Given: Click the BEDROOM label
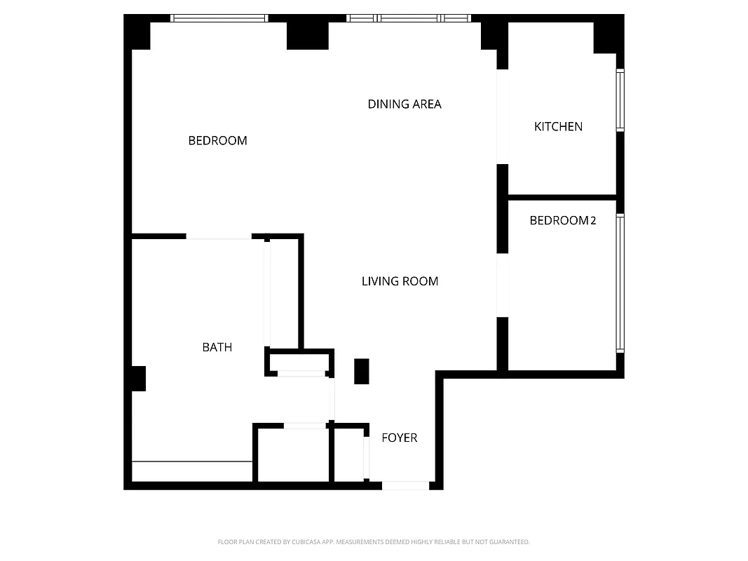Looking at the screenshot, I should pos(217,141).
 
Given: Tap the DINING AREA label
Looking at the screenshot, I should pos(404,104).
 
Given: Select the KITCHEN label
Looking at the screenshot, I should pos(558,127).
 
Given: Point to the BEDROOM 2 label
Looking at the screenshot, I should pos(562,221).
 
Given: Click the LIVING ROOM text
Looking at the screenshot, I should pos(400,282).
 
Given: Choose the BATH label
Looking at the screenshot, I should pos(217,347).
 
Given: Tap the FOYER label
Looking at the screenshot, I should pos(399,438).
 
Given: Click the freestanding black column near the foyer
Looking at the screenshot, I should pos(361,371).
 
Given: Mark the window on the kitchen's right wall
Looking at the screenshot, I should pos(620,100).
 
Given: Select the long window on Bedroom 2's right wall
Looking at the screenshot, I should pos(620,282).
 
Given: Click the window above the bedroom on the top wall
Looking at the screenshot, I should pos(219,18).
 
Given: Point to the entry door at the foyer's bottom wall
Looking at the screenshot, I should pos(405,485).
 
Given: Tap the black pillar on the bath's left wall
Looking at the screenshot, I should pos(138,379).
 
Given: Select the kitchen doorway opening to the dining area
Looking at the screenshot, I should pos(502,116).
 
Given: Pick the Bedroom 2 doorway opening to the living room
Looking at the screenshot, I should pos(502,285).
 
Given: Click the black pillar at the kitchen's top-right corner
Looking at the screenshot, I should pos(607,37).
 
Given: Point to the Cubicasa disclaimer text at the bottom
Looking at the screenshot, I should pos(374,542).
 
